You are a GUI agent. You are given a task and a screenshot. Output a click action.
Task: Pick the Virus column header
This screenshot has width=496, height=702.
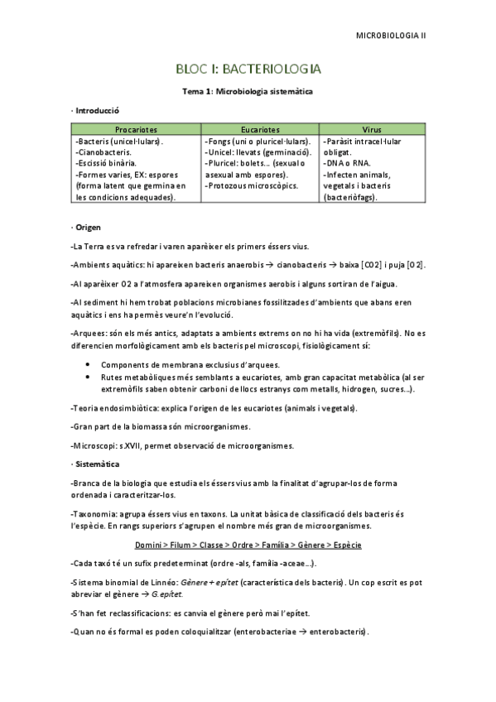tap(372, 130)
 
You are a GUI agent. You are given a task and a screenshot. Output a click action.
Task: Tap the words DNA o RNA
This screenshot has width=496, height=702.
tap(347, 164)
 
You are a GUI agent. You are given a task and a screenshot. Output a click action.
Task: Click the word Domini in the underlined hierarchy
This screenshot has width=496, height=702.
tap(148, 546)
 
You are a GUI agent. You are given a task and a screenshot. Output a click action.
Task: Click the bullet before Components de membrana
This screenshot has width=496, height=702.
tap(89, 365)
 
